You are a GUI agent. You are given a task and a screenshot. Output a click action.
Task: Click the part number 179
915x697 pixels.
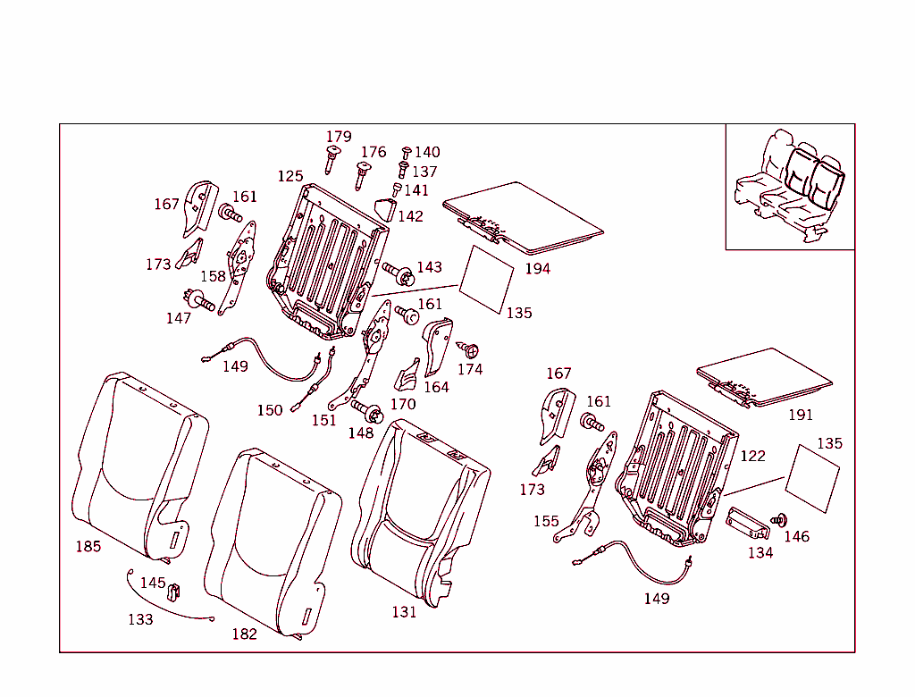(x=339, y=137)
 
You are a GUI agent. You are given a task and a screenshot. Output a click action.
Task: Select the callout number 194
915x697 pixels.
(x=538, y=268)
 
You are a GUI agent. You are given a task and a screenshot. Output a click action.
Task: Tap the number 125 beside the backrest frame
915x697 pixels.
(x=290, y=176)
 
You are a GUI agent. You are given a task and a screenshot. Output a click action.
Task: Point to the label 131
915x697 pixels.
(x=404, y=612)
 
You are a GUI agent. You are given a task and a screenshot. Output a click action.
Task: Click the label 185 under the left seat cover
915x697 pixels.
(x=88, y=546)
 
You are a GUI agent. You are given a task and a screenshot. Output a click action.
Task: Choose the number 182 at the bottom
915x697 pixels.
(x=244, y=634)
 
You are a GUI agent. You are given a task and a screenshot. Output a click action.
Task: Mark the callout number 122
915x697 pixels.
(x=752, y=456)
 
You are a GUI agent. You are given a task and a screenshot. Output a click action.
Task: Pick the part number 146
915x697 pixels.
(x=796, y=536)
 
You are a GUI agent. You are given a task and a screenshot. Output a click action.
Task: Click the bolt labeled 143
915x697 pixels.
(x=397, y=271)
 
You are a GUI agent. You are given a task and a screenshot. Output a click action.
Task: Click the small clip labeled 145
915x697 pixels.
(x=175, y=590)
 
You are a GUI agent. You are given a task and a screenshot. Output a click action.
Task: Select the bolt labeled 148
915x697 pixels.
(x=369, y=411)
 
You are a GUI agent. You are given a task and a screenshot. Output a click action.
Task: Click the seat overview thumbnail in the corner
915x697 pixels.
(x=789, y=186)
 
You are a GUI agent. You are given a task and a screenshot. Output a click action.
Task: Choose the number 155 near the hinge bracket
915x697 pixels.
(x=546, y=521)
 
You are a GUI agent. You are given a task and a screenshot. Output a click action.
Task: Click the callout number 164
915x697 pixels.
(x=436, y=387)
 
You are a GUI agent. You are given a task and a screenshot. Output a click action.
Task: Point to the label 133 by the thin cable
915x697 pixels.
(x=140, y=619)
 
